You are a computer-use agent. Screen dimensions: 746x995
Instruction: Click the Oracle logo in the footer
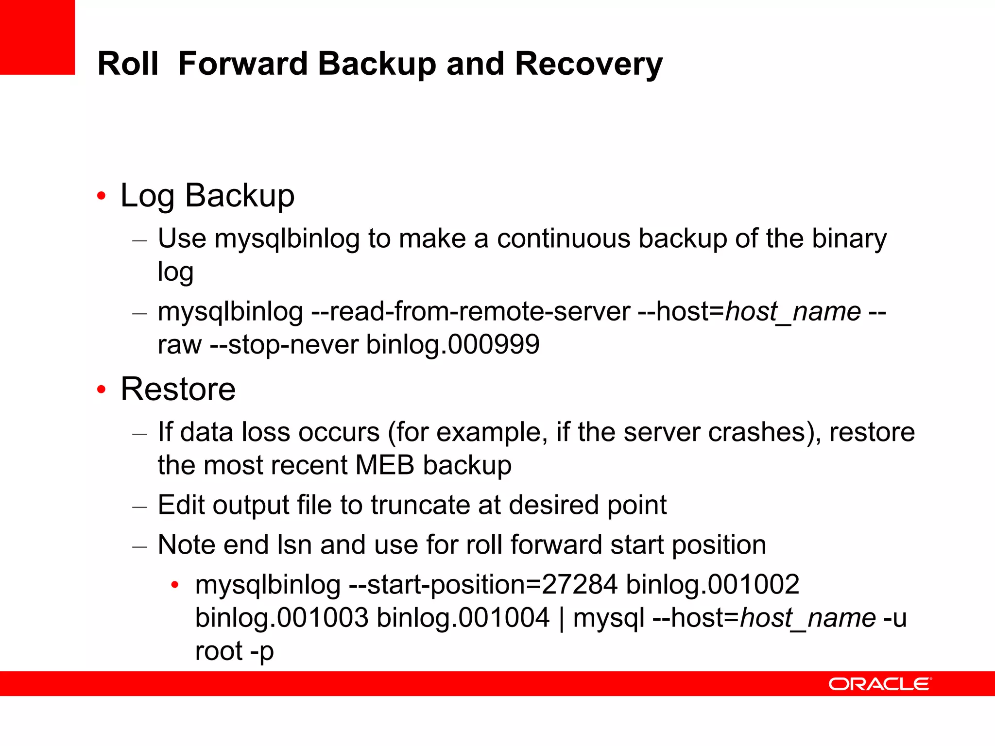point(879,684)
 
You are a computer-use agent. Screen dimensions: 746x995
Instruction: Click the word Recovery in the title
point(588,64)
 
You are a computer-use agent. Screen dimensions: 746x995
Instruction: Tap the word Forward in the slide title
point(243,64)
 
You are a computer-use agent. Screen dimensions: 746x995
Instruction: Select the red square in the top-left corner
point(37,37)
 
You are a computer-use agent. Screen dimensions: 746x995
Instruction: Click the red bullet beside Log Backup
point(101,196)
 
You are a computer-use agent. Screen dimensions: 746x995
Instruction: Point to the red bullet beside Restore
point(101,390)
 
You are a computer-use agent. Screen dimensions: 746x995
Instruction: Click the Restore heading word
point(178,390)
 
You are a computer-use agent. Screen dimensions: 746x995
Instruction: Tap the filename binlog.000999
point(453,345)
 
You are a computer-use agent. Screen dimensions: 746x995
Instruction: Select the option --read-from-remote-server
point(470,311)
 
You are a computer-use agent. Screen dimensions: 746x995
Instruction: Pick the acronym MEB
point(385,465)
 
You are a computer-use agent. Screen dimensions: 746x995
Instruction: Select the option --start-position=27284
point(483,584)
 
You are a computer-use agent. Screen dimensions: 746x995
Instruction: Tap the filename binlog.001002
point(712,584)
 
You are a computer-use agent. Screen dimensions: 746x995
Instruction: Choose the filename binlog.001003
point(282,618)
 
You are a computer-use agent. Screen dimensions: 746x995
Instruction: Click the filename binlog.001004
point(463,618)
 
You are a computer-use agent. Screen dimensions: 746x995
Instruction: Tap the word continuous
point(563,239)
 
